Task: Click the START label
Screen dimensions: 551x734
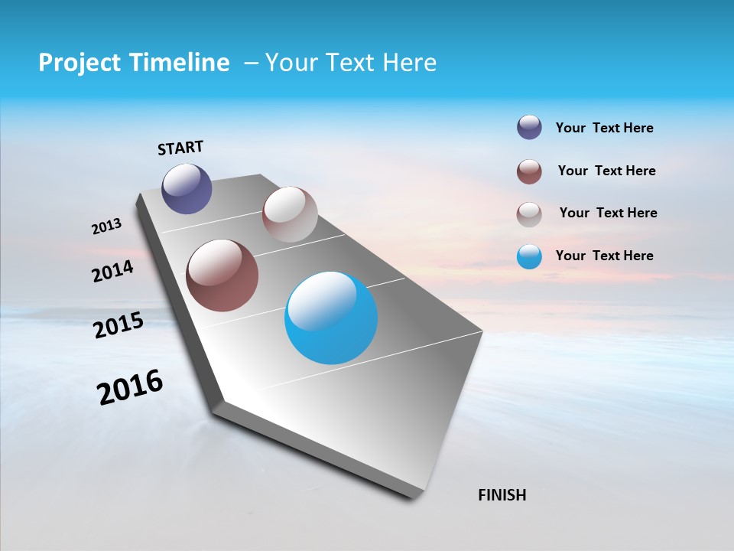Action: (180, 148)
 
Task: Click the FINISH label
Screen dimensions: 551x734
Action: (502, 495)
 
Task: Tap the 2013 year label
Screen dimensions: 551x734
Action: (107, 227)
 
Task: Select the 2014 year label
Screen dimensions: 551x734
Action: (113, 271)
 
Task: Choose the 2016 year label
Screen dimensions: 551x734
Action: (130, 387)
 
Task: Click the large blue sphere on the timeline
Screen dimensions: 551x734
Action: (331, 318)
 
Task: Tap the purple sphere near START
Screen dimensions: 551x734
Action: (187, 188)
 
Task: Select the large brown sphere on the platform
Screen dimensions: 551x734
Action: (222, 275)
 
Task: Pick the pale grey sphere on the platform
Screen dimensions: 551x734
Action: (290, 214)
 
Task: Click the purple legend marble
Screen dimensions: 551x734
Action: (529, 127)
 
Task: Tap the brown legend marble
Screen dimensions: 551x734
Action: (529, 171)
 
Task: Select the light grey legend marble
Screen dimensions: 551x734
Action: (529, 214)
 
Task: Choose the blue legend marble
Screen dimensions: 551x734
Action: (529, 256)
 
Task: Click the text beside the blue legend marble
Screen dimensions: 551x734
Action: (604, 256)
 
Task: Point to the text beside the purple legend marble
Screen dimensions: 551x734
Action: (604, 128)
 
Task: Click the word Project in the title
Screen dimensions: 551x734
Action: (79, 63)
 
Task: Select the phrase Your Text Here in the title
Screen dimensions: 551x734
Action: (351, 63)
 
